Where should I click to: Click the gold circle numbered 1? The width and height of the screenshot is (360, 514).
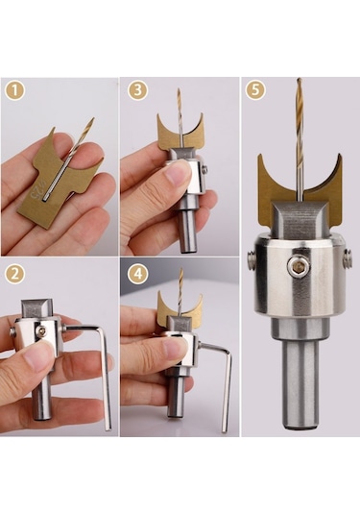14,90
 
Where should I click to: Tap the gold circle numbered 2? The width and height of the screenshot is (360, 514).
15,274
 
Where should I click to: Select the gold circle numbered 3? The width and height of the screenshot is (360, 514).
138,90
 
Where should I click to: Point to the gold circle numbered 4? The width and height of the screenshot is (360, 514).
138,274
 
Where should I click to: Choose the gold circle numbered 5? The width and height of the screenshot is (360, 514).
255,90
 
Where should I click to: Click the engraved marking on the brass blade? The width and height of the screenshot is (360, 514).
36,190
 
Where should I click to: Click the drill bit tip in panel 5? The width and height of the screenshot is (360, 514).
299,80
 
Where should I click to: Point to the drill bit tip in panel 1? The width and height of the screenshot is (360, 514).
93,119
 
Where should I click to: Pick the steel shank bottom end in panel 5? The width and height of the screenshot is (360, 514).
300,426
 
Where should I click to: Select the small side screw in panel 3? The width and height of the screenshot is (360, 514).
205,169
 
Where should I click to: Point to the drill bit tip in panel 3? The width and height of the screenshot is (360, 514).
179,89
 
